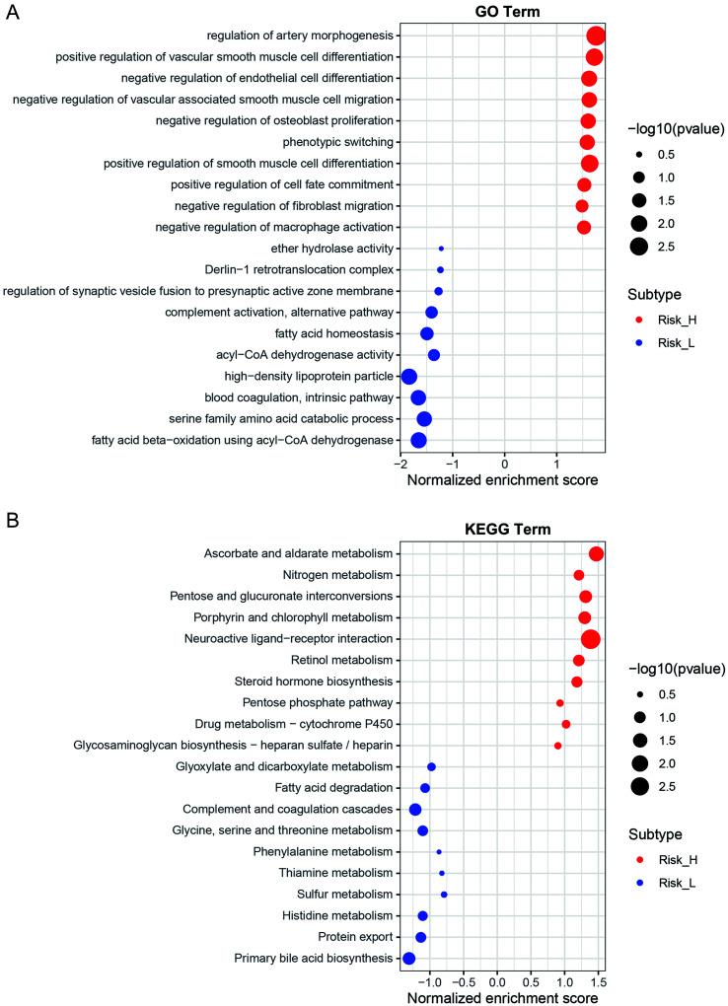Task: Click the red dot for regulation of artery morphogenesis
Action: [595, 36]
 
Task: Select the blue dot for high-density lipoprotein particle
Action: [409, 377]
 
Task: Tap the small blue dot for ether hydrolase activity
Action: [441, 249]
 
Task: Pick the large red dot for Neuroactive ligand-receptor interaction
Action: [591, 639]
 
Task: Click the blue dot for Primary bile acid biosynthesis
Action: [409, 958]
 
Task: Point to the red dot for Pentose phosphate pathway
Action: [560, 703]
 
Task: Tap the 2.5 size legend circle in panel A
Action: [640, 247]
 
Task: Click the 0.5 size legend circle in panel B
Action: [640, 693]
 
